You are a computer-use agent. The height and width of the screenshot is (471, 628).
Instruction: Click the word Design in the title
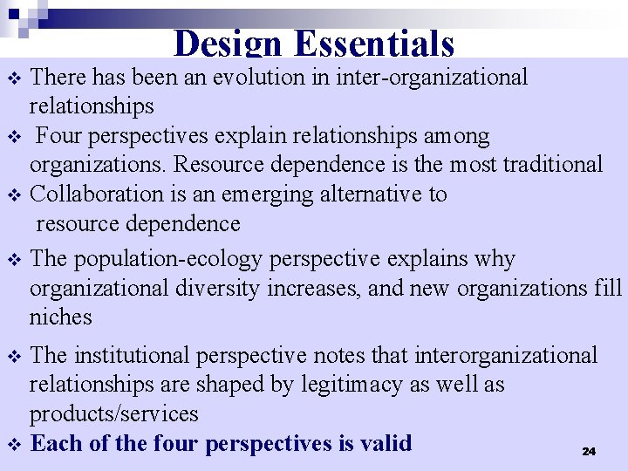(x=229, y=44)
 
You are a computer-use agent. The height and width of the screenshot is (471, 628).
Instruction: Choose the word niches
(x=60, y=317)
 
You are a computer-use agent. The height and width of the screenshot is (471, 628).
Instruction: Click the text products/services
(x=113, y=413)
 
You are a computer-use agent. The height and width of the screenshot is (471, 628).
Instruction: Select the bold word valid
(x=385, y=443)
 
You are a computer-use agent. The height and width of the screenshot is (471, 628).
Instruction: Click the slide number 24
(x=589, y=451)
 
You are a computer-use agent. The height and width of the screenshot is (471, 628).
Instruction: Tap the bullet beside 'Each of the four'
(x=13, y=445)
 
